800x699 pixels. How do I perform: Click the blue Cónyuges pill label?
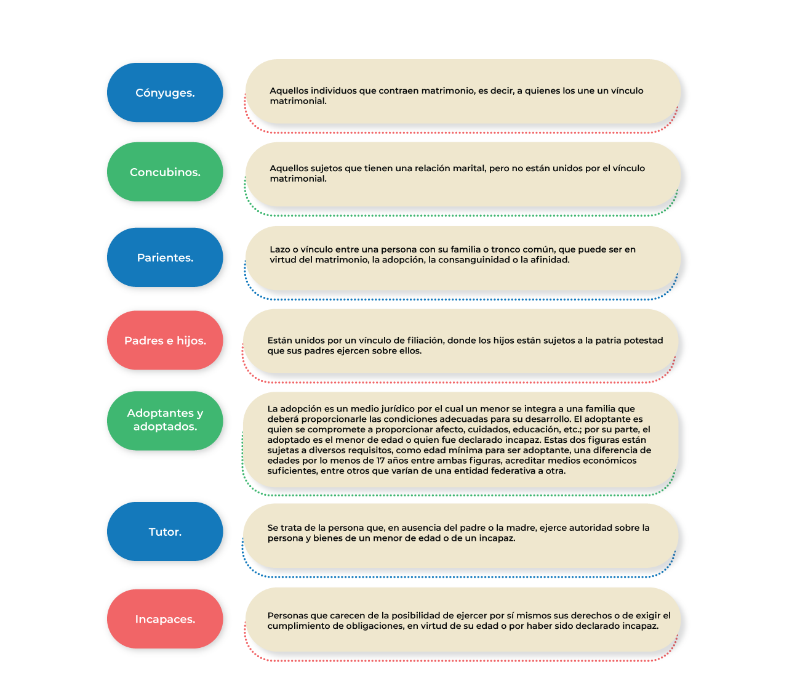[x=165, y=92]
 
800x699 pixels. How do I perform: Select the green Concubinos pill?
[x=165, y=172]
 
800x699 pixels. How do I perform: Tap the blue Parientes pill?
[x=165, y=257]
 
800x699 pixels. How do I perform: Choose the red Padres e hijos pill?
[x=165, y=341]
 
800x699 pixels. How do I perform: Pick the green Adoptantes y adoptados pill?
[x=165, y=421]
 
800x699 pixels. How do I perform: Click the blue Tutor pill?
[x=165, y=531]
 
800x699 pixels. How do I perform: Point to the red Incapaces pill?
[x=165, y=619]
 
